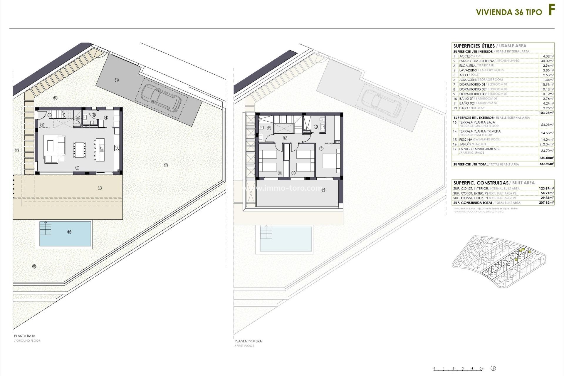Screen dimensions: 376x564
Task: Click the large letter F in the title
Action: click(x=551, y=11)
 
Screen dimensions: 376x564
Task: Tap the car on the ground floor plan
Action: click(x=161, y=98)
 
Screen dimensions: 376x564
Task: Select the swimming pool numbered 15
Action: click(x=65, y=234)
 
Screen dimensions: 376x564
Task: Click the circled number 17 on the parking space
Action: click(x=117, y=80)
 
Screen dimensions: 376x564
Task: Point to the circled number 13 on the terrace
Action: click(x=100, y=188)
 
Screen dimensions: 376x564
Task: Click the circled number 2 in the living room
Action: click(x=77, y=168)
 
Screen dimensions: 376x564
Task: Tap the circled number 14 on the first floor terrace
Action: click(x=323, y=190)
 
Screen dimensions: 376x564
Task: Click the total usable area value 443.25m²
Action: click(x=547, y=164)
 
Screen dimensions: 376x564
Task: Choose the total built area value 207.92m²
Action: click(x=546, y=203)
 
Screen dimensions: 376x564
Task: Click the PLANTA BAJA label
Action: click(x=25, y=336)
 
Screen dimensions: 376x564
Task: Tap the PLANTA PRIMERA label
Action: click(x=248, y=341)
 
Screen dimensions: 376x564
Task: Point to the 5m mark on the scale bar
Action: click(x=482, y=368)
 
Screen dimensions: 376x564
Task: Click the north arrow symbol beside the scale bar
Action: click(x=493, y=368)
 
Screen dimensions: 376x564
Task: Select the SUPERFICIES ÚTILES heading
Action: click(x=474, y=46)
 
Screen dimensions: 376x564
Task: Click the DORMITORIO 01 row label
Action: click(x=472, y=84)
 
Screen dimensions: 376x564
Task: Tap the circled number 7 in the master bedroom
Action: click(x=321, y=148)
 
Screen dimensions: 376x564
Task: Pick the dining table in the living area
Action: click(x=80, y=150)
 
